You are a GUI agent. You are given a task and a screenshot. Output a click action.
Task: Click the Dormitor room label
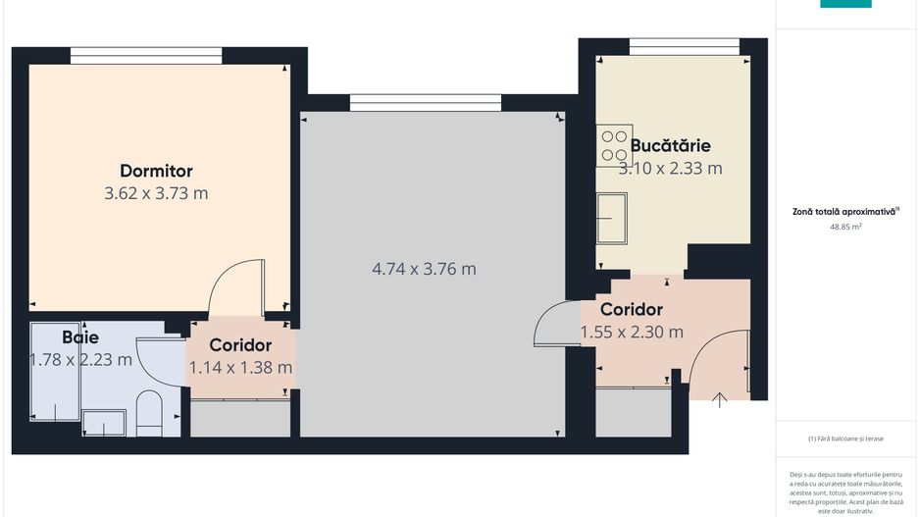click(x=156, y=171)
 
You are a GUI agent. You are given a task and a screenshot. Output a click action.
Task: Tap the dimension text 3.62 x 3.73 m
click(x=156, y=193)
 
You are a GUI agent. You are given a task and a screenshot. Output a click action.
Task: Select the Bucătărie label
click(x=670, y=145)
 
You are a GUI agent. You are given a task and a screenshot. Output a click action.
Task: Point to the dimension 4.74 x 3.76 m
click(x=424, y=268)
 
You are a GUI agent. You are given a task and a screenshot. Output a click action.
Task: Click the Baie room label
click(x=80, y=336)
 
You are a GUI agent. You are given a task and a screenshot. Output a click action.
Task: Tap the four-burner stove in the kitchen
click(x=614, y=147)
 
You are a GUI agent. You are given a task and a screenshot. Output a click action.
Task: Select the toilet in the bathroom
click(x=148, y=413)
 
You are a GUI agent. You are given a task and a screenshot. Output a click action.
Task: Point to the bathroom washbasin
click(x=103, y=424)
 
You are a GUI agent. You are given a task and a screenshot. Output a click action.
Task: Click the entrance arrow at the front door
click(x=719, y=398)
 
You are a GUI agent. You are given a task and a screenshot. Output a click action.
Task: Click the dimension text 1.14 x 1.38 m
click(x=240, y=367)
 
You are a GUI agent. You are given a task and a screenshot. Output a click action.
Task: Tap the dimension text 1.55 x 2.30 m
click(x=632, y=332)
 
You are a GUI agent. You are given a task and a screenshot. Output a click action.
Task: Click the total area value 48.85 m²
click(x=845, y=227)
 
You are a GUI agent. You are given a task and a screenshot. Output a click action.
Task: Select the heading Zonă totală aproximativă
click(x=845, y=210)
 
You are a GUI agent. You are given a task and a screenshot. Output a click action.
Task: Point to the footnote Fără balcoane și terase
click(x=845, y=439)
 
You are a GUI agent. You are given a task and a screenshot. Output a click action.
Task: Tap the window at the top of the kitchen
click(x=684, y=46)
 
